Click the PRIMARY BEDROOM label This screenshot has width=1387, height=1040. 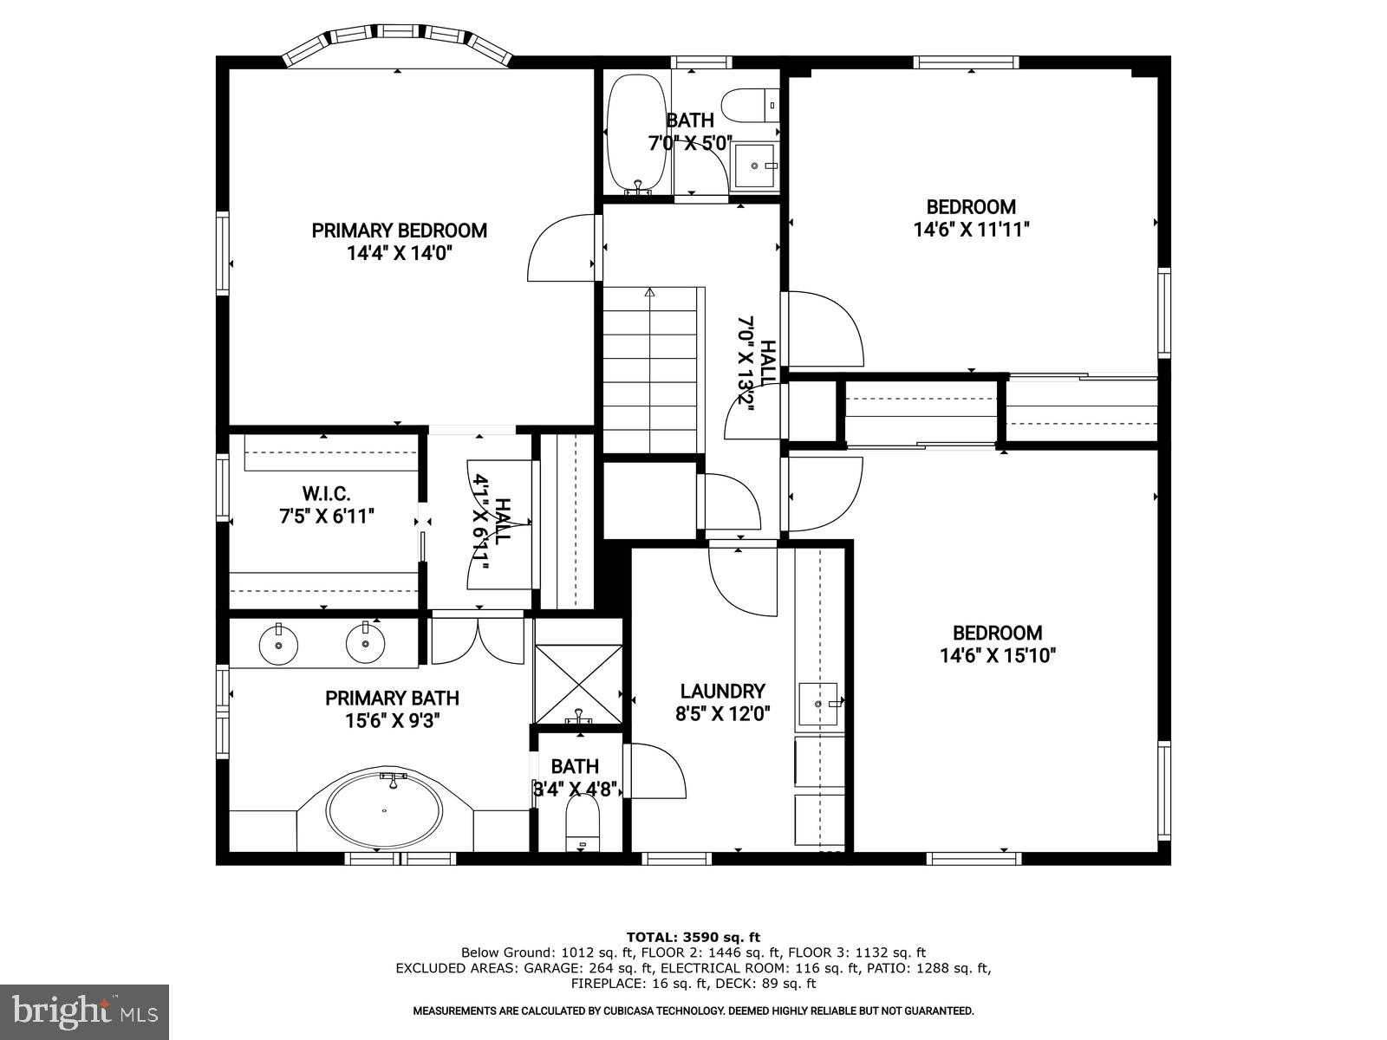click(399, 231)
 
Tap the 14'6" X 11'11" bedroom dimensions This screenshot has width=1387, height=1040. click(971, 230)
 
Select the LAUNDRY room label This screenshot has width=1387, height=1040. click(722, 692)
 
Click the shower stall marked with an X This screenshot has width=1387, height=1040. click(578, 683)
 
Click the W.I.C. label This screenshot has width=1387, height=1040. click(326, 494)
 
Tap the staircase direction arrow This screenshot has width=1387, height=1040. click(649, 293)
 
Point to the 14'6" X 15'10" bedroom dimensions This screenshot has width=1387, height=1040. click(997, 656)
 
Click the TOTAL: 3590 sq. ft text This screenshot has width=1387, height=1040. click(693, 937)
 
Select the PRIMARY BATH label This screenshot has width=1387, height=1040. click(392, 699)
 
